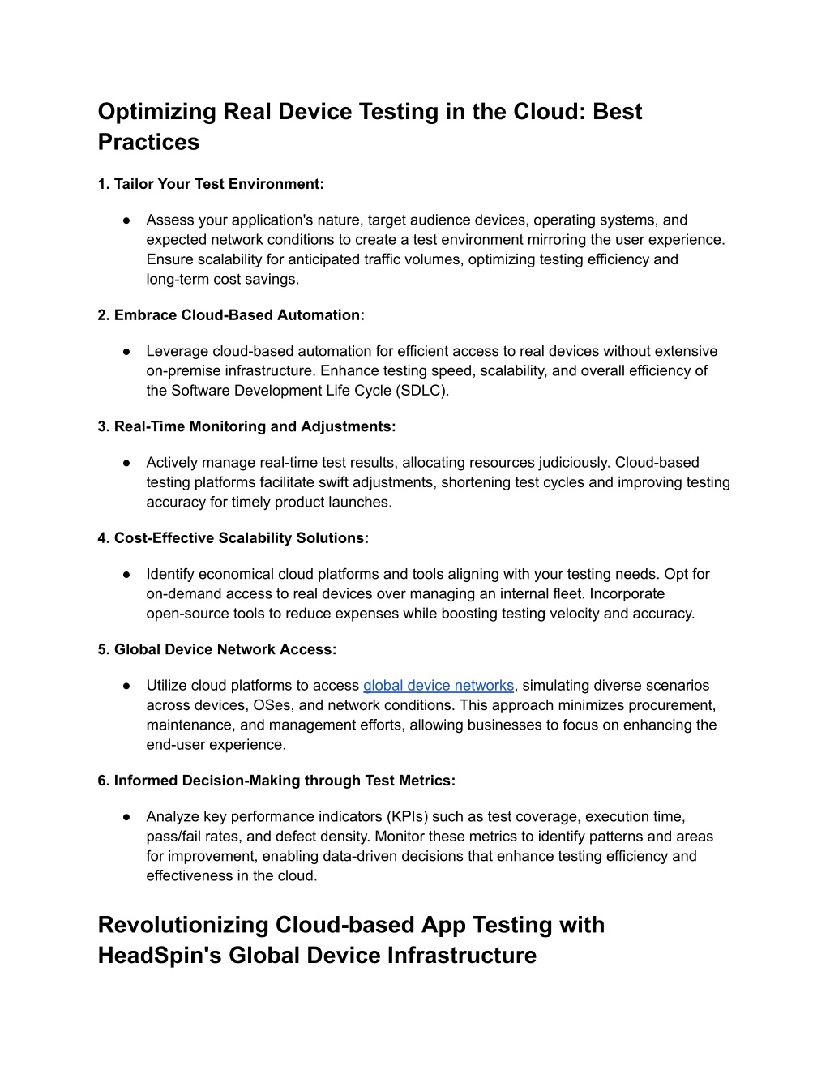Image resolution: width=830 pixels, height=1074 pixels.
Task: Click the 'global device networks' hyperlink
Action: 438,686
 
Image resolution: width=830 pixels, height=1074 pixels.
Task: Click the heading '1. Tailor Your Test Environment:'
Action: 211,184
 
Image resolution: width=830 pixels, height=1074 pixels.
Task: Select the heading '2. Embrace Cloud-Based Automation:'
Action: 231,315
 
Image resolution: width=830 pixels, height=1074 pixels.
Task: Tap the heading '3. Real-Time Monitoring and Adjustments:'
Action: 246,426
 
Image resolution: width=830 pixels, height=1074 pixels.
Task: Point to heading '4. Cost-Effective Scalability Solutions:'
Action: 233,538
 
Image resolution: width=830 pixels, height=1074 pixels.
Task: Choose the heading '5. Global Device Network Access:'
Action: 216,649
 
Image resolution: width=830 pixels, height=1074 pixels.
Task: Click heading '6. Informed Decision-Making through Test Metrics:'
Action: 276,781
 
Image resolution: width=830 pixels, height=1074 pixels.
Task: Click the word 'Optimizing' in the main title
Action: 156,112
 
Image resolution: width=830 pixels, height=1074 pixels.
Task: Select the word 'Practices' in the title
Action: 148,142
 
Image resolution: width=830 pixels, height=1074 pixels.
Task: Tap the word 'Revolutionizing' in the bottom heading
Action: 183,925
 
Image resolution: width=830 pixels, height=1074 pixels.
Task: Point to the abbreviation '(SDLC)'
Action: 421,391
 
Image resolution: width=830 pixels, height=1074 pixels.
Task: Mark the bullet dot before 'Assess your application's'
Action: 127,220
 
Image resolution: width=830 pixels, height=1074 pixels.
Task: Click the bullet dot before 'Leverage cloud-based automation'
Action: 127,352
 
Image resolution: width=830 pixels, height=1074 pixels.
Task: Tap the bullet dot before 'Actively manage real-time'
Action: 127,463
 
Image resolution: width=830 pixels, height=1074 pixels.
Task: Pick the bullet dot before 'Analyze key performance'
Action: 127,817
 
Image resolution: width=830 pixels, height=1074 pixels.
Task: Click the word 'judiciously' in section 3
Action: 570,463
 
